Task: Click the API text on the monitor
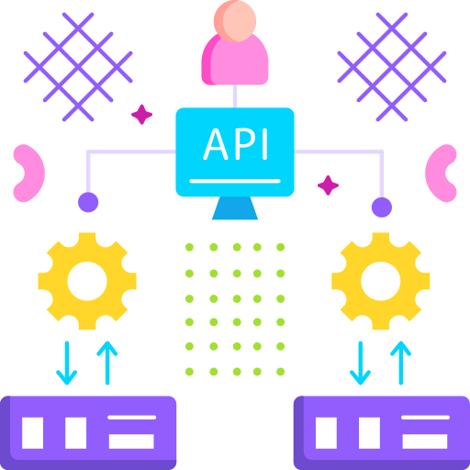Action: [236, 144]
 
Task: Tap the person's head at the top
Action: [235, 21]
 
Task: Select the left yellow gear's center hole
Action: [87, 281]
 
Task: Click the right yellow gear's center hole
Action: [381, 281]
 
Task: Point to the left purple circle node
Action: [88, 202]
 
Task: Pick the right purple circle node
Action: [382, 207]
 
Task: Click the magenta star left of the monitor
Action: [141, 115]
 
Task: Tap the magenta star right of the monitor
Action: [328, 185]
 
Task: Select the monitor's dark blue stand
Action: [235, 208]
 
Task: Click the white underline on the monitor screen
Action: [235, 181]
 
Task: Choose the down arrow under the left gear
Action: [67, 363]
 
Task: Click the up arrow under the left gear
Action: [107, 363]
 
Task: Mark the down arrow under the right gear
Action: [361, 363]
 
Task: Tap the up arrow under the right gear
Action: [401, 363]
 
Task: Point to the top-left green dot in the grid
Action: [189, 247]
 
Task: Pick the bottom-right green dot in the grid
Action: [281, 372]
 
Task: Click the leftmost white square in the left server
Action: [32, 433]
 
